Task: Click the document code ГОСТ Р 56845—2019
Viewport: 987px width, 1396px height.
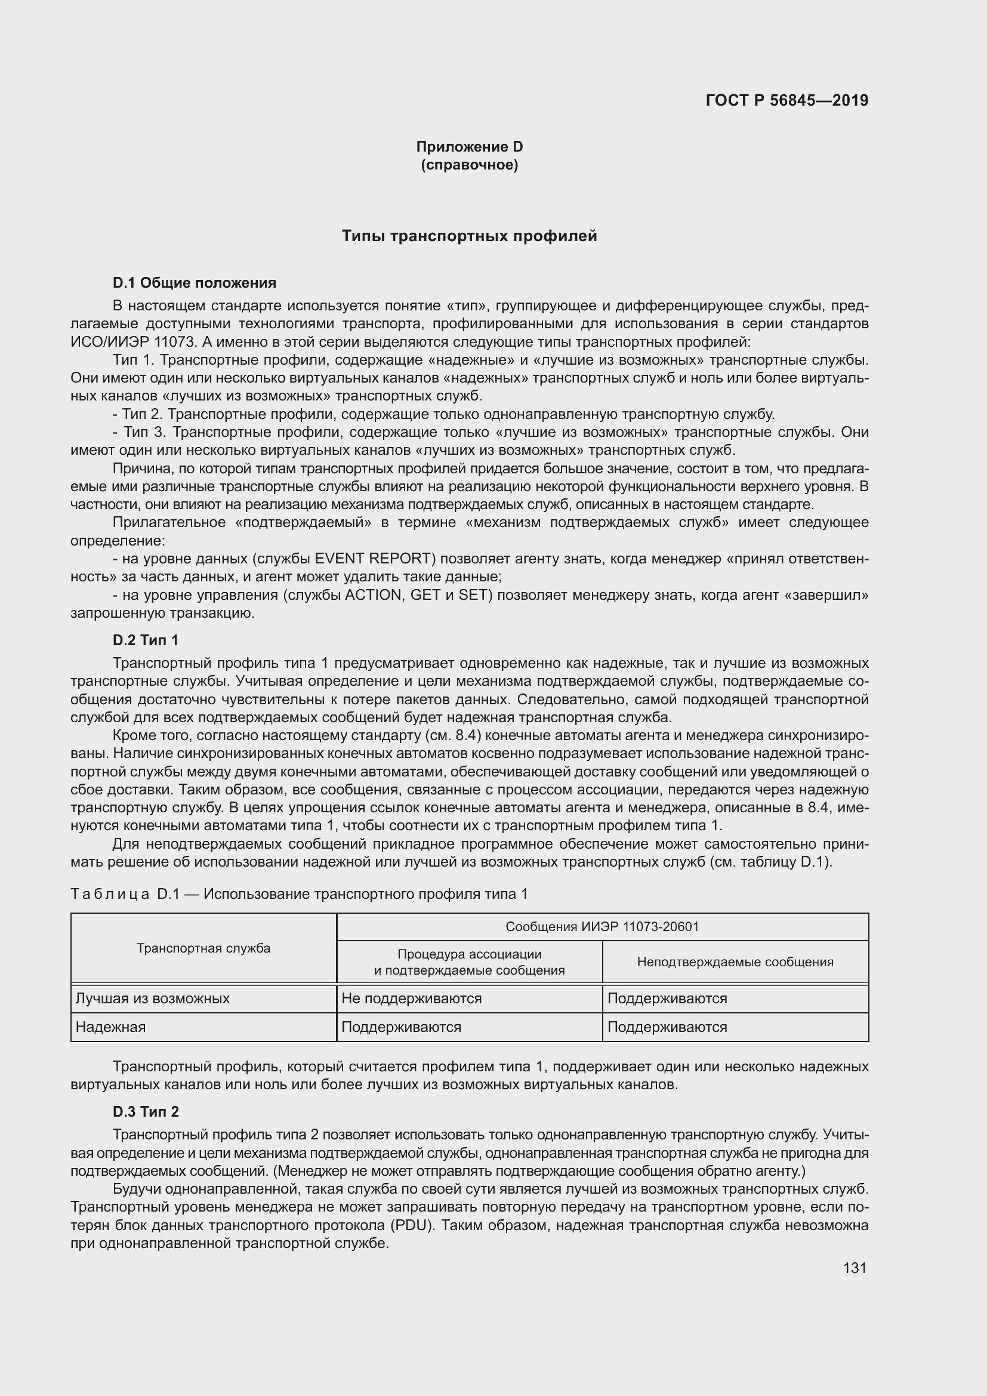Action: coord(787,100)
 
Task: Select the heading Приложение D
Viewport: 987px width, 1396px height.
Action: coord(469,147)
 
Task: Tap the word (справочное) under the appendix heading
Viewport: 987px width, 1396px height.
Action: coord(469,165)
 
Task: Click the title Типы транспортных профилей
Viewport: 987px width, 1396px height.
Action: coord(469,236)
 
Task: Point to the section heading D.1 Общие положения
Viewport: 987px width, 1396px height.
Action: coord(195,283)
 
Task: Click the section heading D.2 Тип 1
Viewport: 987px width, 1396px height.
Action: coord(146,640)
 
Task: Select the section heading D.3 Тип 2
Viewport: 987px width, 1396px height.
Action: coord(146,1111)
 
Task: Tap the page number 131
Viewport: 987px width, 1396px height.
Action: coord(855,1268)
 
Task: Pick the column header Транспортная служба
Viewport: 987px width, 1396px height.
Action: coord(203,948)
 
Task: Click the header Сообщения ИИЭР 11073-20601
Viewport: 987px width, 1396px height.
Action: coord(602,927)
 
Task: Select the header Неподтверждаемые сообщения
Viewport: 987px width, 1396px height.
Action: coord(735,962)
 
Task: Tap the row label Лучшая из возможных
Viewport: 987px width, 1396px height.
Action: coord(153,999)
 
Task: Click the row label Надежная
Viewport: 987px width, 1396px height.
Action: coord(110,1027)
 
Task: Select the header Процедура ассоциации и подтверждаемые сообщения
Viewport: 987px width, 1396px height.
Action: coord(469,962)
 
